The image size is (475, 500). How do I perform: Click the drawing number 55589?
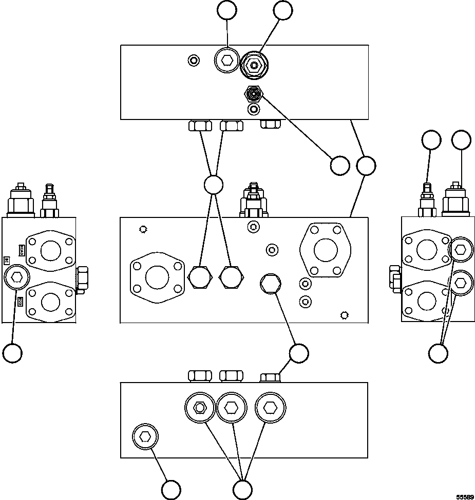point(465,496)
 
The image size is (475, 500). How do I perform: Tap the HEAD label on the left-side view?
point(22,250)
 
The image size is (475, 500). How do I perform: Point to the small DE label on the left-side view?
point(7,260)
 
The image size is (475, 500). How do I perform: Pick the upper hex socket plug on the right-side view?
point(460,250)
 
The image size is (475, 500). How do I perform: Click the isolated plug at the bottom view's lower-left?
point(145,437)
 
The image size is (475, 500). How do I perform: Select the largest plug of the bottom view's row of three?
point(270,407)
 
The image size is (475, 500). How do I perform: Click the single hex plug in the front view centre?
point(270,284)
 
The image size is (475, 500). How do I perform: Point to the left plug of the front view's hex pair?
point(199,277)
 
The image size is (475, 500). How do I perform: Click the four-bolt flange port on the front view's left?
point(157,277)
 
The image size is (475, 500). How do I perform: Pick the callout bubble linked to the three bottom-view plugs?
point(242,489)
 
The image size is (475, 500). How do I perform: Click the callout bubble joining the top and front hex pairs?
point(213,185)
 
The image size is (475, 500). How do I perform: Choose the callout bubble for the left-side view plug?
point(12,353)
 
